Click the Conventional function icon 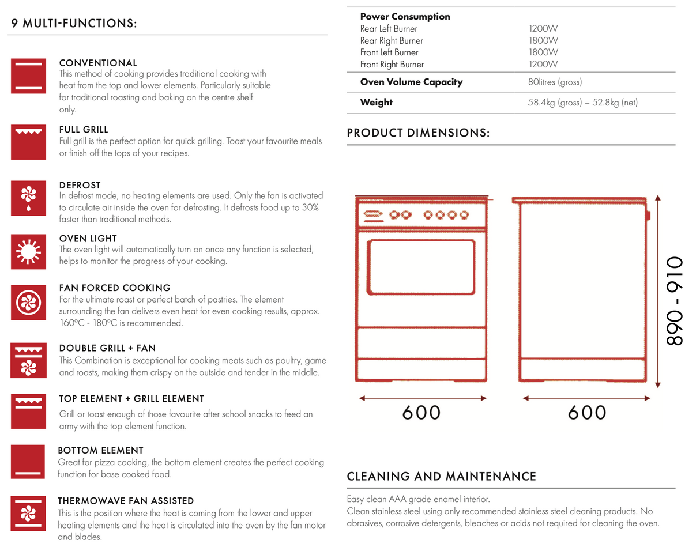pos(27,76)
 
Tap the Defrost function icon pos(27,197)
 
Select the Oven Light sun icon pos(27,252)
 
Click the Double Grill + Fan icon pos(27,360)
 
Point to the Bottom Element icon pos(27,461)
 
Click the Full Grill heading pos(84,130)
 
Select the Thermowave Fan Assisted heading pos(126,501)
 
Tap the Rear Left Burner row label pos(389,29)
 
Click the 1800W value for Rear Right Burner pos(543,41)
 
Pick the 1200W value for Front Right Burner pos(543,65)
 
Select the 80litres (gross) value pos(555,82)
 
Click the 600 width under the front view pos(421,413)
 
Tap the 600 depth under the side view pos(587,413)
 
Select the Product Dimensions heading pos(418,133)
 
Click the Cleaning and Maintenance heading pos(441,477)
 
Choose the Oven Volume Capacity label pos(411,82)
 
